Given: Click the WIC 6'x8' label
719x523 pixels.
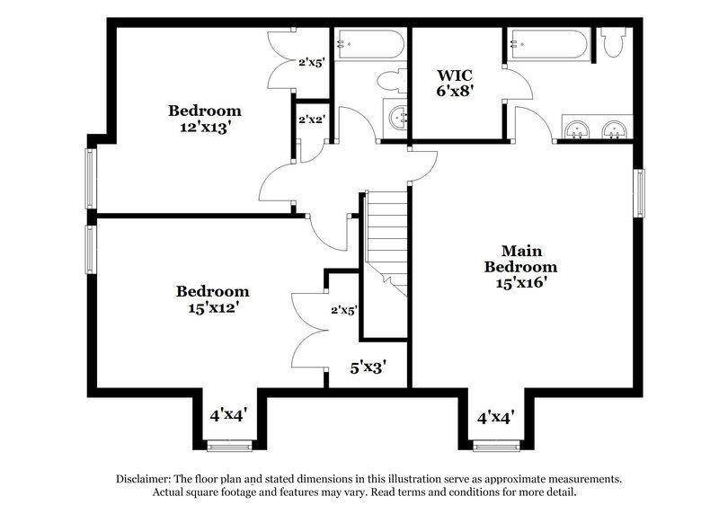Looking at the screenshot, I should pos(455,82).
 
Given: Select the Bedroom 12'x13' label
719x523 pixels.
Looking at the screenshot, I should pos(205,119).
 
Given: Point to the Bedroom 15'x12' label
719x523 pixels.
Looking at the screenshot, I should pos(212,298).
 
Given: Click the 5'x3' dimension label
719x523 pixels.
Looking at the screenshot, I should pos(368,367).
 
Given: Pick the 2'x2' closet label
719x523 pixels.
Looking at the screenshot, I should pos(311,117).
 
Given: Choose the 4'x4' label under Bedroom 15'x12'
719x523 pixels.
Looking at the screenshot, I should pos(228,415).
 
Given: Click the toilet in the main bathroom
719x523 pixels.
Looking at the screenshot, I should pos(615,42).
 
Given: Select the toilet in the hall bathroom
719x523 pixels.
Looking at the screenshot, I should pos(393,81).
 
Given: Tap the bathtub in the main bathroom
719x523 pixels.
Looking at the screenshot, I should pos(548,43).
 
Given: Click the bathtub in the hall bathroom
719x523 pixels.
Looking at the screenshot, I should pos(368,43).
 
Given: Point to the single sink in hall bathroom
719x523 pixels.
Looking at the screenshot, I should pos(398,118).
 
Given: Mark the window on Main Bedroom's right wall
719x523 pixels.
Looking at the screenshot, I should pos(639,192).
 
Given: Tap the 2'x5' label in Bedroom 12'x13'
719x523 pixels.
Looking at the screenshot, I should pos(311,63).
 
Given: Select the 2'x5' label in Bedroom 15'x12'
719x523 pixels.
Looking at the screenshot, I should pos(343,310).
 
